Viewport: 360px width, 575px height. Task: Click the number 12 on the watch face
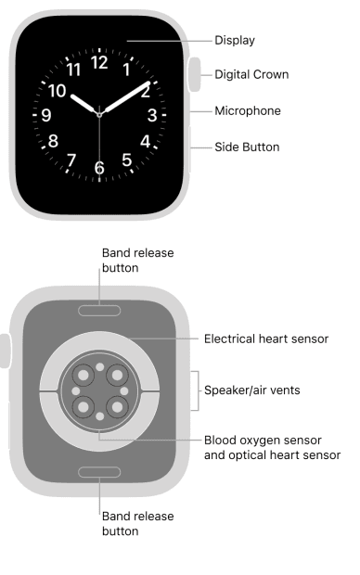point(99,63)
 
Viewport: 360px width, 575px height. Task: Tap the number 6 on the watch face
point(99,168)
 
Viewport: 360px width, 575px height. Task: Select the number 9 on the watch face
point(46,116)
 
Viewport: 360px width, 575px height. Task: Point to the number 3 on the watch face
point(151,116)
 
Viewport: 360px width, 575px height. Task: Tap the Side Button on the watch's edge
point(191,147)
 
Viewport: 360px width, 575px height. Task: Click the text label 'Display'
point(235,40)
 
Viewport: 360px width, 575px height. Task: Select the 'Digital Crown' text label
point(251,74)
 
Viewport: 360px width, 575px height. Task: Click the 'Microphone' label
point(247,110)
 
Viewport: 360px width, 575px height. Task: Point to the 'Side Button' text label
point(247,147)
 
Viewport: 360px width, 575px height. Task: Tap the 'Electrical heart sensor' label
point(265,339)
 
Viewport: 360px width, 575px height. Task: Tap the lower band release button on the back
point(99,472)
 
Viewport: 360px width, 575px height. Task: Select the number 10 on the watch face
point(58,91)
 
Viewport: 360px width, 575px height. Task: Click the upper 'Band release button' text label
point(138,260)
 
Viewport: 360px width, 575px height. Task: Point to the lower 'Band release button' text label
point(138,523)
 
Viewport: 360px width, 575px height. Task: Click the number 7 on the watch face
point(71,160)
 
